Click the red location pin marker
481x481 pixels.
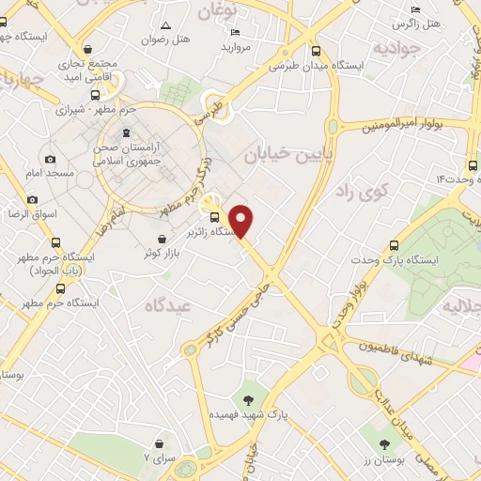tap(242, 221)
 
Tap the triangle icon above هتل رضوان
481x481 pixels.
tap(165, 25)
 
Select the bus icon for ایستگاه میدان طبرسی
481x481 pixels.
tap(315, 52)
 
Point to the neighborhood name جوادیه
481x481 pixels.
tap(392, 46)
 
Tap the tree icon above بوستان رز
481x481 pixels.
tap(383, 444)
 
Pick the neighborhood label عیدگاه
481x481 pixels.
tap(168, 305)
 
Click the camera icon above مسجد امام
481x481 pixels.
tap(50, 159)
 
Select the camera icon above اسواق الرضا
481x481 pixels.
tap(33, 199)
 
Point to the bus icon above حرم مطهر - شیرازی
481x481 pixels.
tap(94, 95)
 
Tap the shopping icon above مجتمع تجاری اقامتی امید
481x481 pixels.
tap(87, 51)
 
